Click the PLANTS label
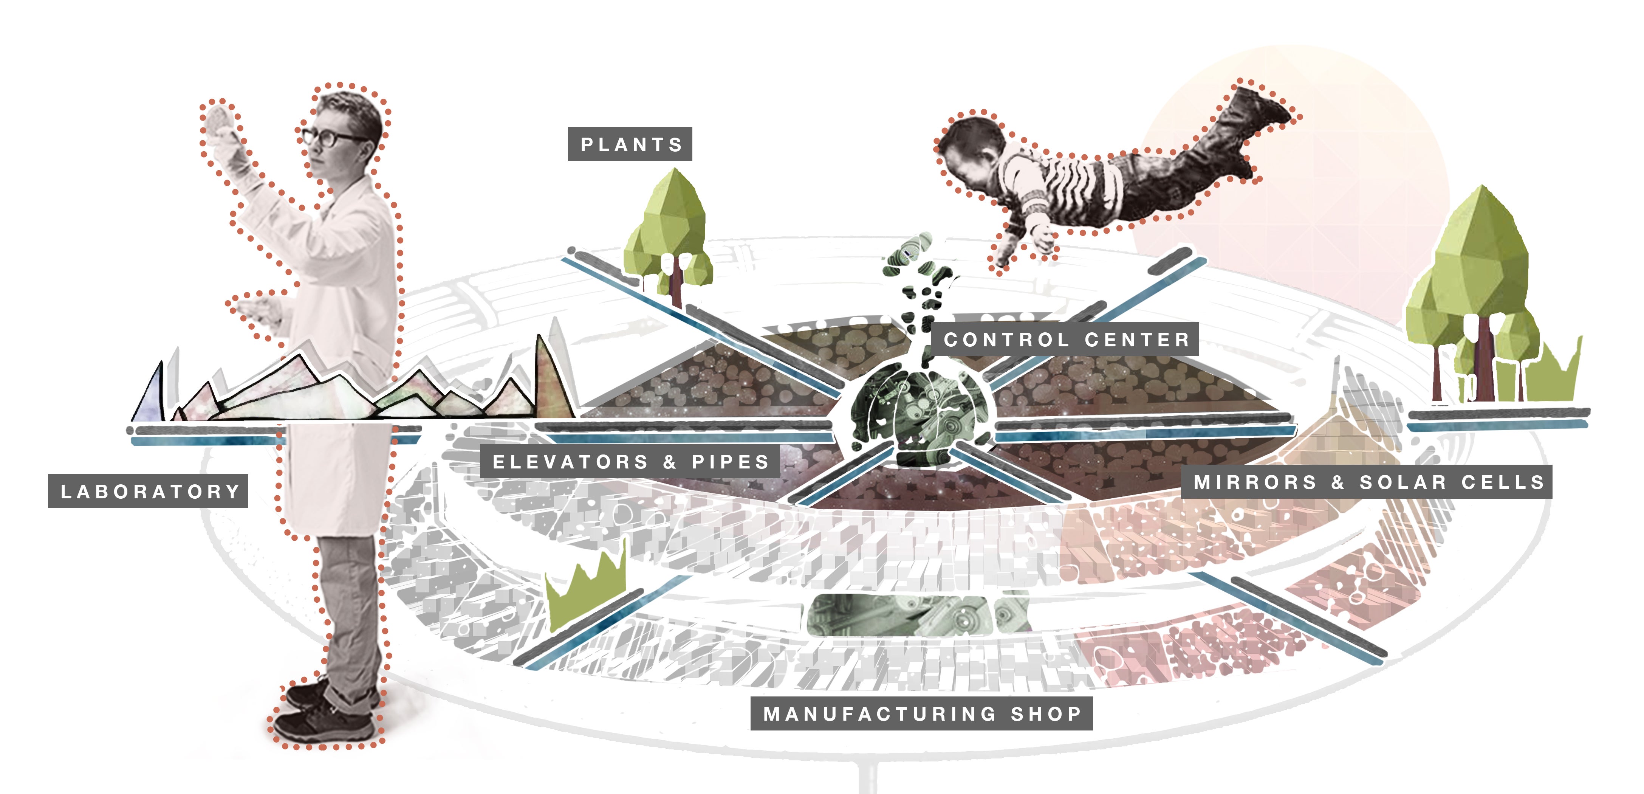click(630, 144)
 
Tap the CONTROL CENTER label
click(1066, 340)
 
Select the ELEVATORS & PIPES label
click(630, 461)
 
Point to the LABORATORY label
click(148, 492)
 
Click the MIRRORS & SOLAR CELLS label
click(1367, 482)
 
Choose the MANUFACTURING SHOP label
click(921, 713)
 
